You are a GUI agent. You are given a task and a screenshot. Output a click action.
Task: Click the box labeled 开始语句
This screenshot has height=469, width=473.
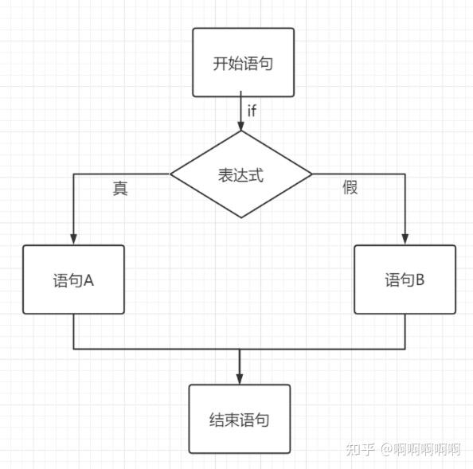243,62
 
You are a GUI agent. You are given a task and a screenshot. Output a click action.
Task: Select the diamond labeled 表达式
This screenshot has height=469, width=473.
241,174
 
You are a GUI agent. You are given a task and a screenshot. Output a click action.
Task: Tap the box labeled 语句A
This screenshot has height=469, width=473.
74,279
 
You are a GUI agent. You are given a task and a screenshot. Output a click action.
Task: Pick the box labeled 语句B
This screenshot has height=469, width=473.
405,279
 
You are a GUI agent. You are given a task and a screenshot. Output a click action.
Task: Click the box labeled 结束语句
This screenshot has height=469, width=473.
239,419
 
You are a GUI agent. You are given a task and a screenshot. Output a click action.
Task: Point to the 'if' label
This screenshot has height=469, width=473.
252,111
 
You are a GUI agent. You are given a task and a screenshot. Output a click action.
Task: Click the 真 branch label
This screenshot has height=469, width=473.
119,189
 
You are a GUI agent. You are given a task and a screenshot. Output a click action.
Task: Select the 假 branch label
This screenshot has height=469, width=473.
350,188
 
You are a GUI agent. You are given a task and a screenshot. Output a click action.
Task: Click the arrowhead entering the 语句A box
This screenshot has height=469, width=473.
74,239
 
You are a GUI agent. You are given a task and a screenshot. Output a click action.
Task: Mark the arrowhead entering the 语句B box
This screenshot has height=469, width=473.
405,239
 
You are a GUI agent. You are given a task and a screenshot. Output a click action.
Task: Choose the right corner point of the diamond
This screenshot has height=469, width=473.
312,174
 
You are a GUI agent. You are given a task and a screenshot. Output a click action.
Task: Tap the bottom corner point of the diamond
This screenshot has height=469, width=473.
241,217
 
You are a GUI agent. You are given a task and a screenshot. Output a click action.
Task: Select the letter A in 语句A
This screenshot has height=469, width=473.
89,280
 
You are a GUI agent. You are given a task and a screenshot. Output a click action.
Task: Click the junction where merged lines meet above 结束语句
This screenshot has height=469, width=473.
239,349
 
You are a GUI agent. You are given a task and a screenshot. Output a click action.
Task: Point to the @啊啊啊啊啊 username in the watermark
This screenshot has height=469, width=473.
420,449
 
